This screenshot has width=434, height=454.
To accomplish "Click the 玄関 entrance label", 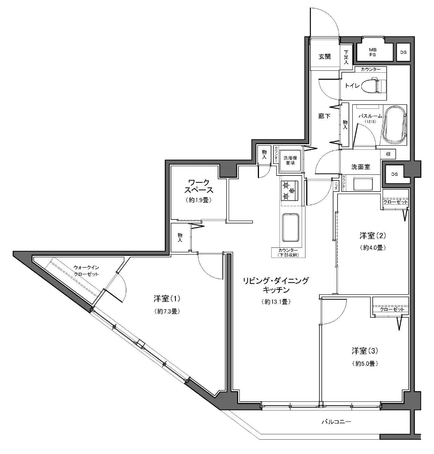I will pyautogui.click(x=324, y=57).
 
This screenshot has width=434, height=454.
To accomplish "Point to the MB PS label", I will pyautogui.click(x=372, y=51).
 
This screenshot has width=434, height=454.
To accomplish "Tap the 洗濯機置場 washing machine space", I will pyautogui.click(x=291, y=161).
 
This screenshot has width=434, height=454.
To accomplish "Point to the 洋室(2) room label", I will pyautogui.click(x=372, y=236).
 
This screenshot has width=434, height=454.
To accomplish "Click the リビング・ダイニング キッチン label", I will pyautogui.click(x=276, y=285).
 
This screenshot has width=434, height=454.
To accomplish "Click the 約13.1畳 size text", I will pyautogui.click(x=275, y=302).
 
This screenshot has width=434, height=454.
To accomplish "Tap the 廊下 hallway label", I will pyautogui.click(x=324, y=116).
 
